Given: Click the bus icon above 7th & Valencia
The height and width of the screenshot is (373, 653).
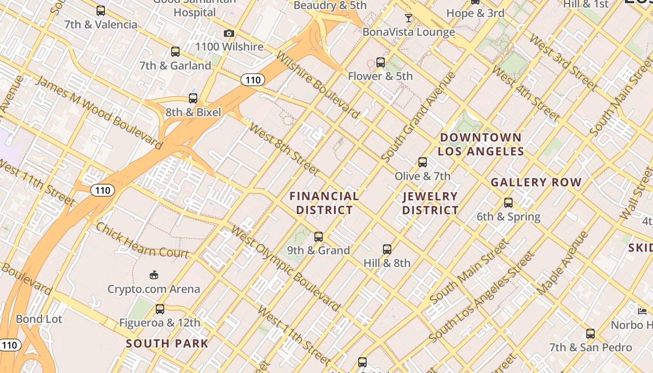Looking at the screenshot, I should [x=101, y=10].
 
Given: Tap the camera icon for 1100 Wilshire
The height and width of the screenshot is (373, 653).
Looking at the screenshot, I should [x=229, y=33].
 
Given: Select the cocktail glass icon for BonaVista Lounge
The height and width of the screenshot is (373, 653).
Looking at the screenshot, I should [x=409, y=18].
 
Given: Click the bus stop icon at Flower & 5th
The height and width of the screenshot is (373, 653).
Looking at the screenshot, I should [x=381, y=62].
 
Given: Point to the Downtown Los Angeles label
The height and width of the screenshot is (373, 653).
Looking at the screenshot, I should [x=481, y=144].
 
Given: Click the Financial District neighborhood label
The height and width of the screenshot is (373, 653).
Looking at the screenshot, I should [x=325, y=203].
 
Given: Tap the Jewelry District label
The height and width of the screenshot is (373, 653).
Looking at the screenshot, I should [x=431, y=203].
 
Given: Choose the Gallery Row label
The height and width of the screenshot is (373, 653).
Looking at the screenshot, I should [x=536, y=182].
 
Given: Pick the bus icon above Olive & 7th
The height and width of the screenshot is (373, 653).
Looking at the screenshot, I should [x=423, y=162].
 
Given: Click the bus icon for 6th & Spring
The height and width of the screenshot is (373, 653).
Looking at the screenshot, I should [x=508, y=203].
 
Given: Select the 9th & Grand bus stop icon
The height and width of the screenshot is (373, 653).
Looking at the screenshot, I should [x=319, y=237].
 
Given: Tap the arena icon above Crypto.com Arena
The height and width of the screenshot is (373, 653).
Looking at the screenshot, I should [x=154, y=275].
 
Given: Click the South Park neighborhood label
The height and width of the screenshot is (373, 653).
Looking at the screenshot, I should [x=167, y=344].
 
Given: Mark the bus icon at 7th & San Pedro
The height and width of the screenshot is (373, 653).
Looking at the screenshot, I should [x=590, y=334].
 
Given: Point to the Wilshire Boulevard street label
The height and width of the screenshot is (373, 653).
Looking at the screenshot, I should [x=318, y=84].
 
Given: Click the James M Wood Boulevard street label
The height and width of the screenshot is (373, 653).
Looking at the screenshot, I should [x=99, y=112].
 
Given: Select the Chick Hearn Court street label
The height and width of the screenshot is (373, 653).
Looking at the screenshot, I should [x=142, y=240].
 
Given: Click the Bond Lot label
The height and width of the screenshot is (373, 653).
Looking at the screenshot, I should [x=39, y=319].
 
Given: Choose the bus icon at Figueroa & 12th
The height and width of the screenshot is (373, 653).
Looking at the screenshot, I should [x=160, y=309].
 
